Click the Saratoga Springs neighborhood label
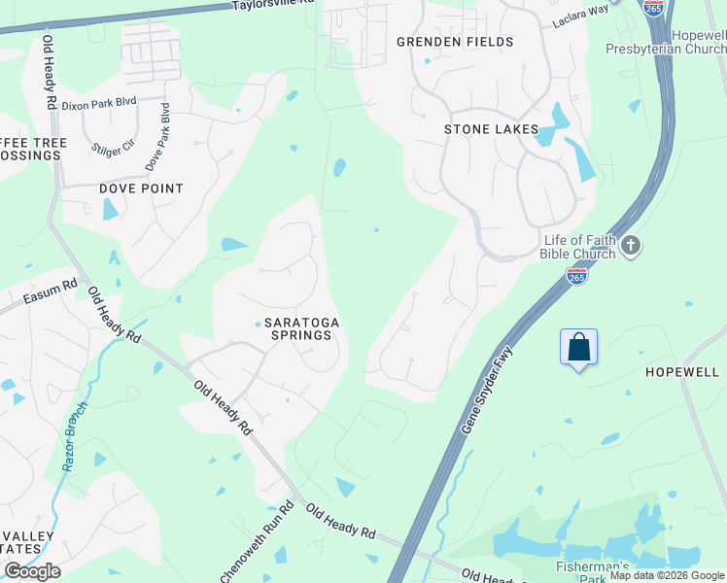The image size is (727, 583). (298, 328)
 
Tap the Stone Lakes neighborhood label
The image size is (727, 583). (491, 129)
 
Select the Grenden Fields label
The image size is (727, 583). (455, 42)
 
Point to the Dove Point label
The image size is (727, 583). (141, 189)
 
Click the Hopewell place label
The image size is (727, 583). (681, 372)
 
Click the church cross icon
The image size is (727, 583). (630, 246)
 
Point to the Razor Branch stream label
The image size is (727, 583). (76, 436)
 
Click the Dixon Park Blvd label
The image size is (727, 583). (99, 103)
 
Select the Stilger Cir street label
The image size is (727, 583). (113, 150)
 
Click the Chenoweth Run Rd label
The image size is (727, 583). (257, 544)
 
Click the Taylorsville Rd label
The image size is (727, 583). (274, 5)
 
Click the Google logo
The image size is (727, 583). (32, 571)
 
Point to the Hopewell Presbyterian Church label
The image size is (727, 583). (667, 41)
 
